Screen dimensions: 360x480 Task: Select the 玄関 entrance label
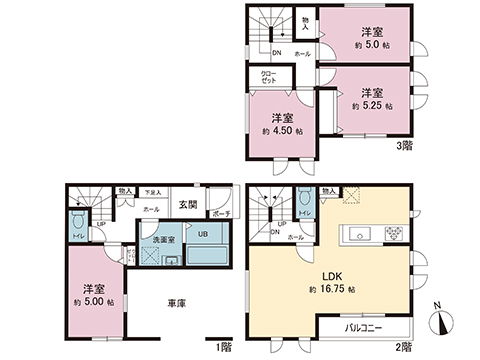(x=188, y=206)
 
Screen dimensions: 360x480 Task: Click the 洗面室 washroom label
(x=165, y=241)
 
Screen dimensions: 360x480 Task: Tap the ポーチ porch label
(x=222, y=212)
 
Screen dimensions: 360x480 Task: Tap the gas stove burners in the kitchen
(x=392, y=236)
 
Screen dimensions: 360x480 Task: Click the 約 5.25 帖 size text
(x=372, y=105)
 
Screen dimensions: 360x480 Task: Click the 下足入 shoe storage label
(x=152, y=191)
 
